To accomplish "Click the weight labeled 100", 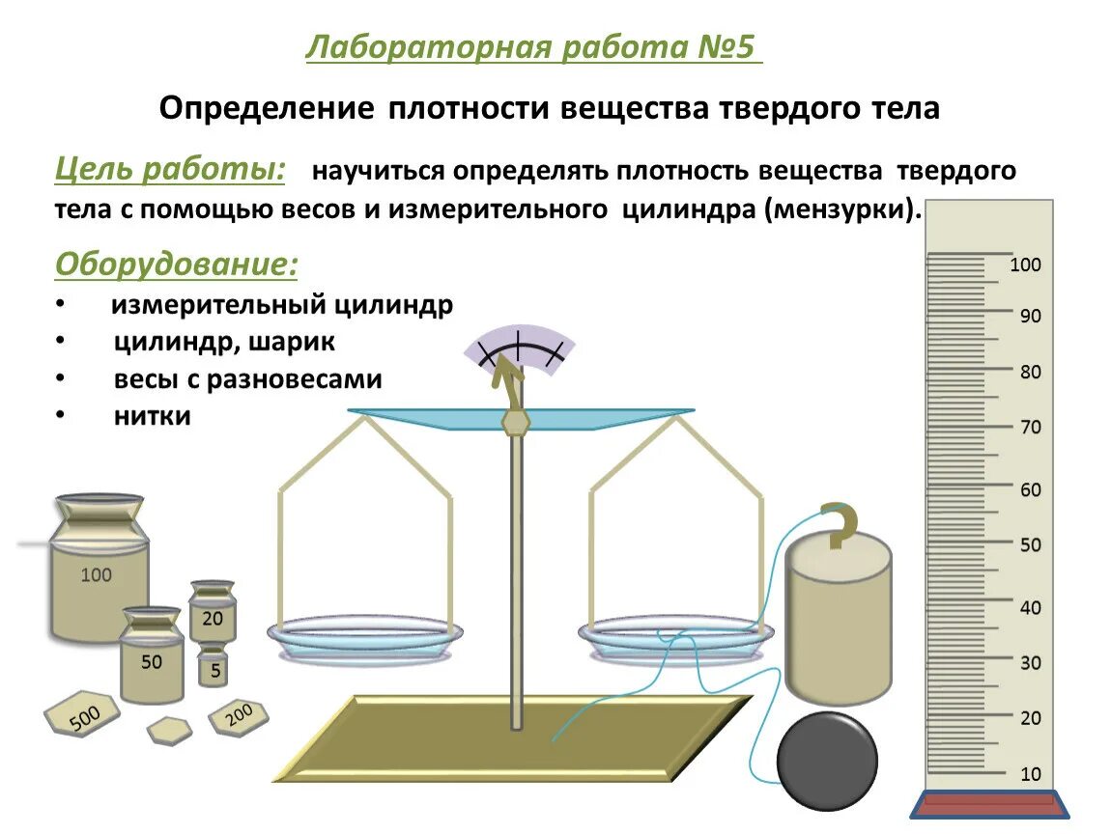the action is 99,575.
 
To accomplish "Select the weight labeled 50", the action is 152,661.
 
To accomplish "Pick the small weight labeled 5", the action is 214,668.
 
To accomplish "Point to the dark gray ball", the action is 827,760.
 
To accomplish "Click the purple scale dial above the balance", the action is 520,347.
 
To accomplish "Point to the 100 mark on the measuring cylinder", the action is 1025,264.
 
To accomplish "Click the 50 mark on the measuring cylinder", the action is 1030,544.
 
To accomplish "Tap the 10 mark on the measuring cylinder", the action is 1031,774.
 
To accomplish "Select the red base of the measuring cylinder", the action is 989,804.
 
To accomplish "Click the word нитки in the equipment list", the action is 152,416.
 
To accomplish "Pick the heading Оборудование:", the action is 177,264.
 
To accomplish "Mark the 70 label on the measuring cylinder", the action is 1030,427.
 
